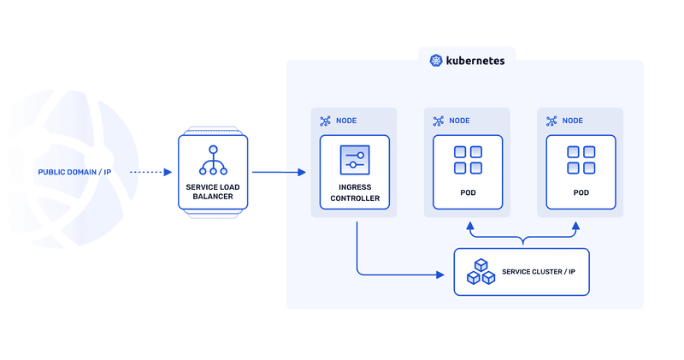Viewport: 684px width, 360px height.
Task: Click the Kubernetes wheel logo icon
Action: click(x=436, y=61)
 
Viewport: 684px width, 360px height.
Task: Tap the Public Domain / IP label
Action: click(x=74, y=173)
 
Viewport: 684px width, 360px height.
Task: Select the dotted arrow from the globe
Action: click(x=150, y=173)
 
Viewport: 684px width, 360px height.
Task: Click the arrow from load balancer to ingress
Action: click(x=279, y=173)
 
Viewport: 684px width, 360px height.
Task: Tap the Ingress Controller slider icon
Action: click(x=354, y=159)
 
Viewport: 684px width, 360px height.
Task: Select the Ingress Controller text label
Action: click(x=354, y=193)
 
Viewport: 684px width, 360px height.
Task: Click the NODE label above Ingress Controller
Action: click(x=346, y=121)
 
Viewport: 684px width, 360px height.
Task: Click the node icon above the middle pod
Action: click(x=439, y=121)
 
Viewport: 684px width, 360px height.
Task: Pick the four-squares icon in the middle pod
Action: click(x=468, y=160)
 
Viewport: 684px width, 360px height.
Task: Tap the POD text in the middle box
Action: click(x=468, y=193)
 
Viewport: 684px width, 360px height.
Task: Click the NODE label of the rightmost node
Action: click(x=573, y=121)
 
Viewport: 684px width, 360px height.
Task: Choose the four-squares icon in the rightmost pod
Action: click(x=581, y=160)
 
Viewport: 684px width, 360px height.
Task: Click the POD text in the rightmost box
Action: click(x=581, y=193)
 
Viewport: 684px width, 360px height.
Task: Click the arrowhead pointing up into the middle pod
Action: click(x=468, y=227)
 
